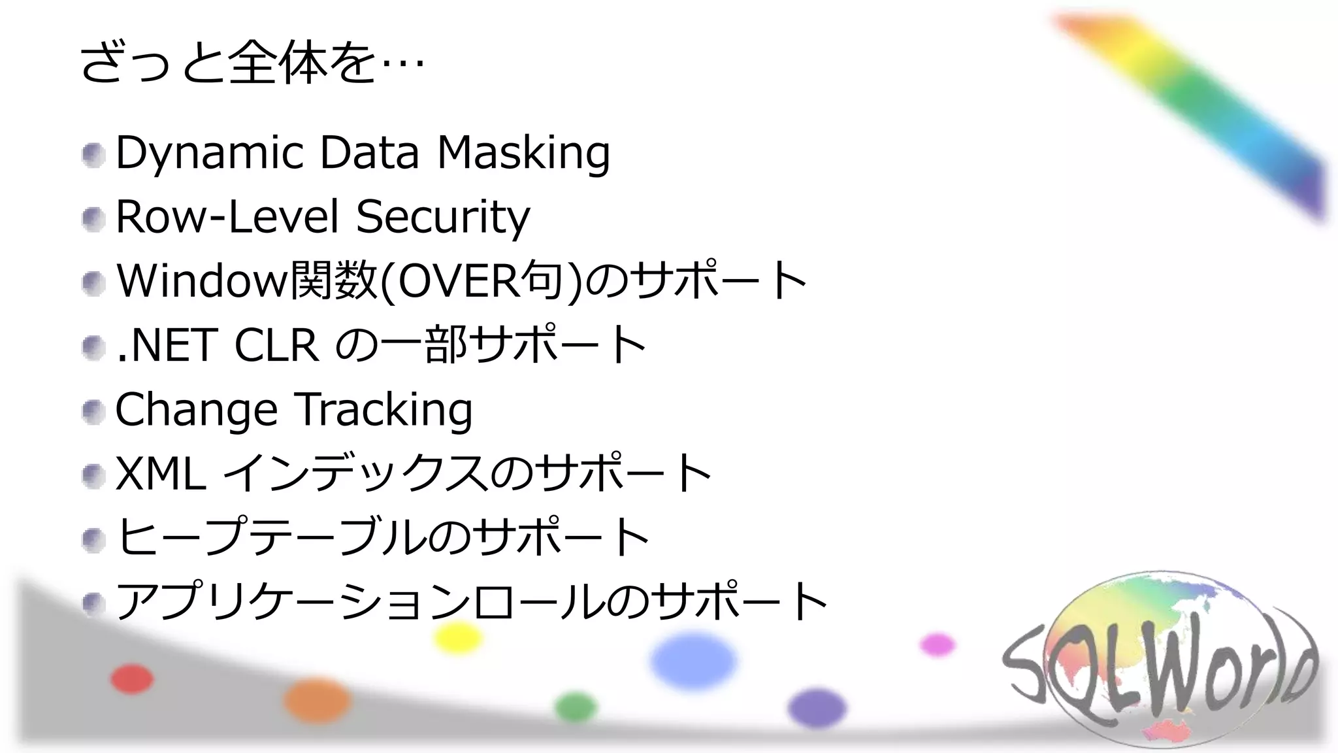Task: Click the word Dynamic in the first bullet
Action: pyautogui.click(x=209, y=153)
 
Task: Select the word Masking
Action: pyautogui.click(x=523, y=153)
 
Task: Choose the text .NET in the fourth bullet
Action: pyautogui.click(x=166, y=344)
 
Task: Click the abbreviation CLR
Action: pyautogui.click(x=276, y=344)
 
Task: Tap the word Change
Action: pyautogui.click(x=196, y=410)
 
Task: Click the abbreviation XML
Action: pyautogui.click(x=161, y=473)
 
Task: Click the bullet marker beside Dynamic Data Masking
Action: pyautogui.click(x=93, y=155)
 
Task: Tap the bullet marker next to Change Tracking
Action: pyautogui.click(x=93, y=412)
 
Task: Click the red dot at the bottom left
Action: pyautogui.click(x=132, y=678)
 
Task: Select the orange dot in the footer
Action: pyautogui.click(x=317, y=700)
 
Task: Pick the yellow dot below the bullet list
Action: pyautogui.click(x=458, y=637)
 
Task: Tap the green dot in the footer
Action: pyautogui.click(x=576, y=707)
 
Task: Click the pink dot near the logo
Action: pyautogui.click(x=938, y=644)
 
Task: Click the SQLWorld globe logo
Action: pyautogui.click(x=1160, y=660)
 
